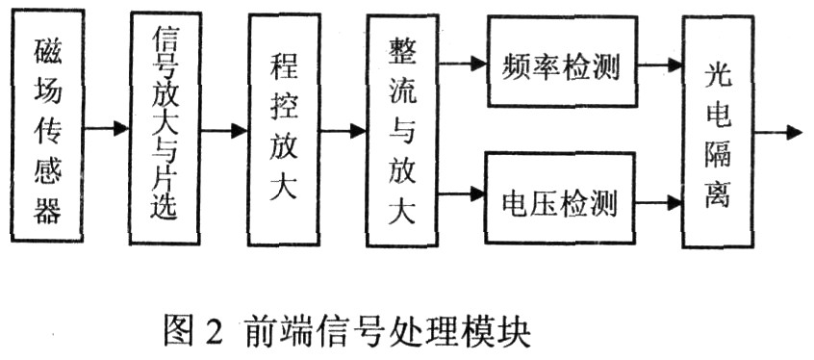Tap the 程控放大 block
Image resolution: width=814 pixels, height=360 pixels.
pyautogui.click(x=284, y=130)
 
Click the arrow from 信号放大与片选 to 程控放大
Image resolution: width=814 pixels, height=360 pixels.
pyautogui.click(x=225, y=128)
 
